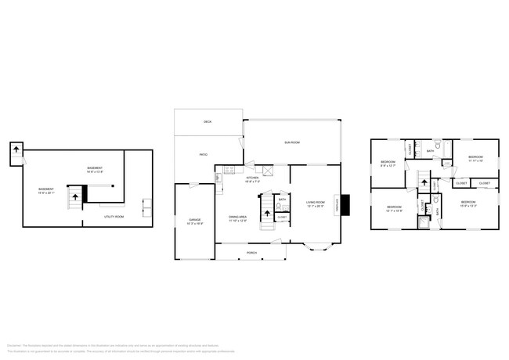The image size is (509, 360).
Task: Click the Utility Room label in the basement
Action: tap(114, 216)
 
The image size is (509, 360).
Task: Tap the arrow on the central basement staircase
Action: tap(76, 197)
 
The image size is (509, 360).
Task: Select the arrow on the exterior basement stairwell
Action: tap(16, 149)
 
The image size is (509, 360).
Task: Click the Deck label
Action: tap(208, 122)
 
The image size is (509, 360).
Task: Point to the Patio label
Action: tap(203, 155)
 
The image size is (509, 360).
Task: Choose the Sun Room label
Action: tap(291, 142)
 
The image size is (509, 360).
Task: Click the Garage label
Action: tap(195, 221)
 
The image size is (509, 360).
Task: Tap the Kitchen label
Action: tap(252, 179)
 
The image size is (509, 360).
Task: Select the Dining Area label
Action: tap(238, 218)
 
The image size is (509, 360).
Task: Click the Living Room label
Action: tap(316, 203)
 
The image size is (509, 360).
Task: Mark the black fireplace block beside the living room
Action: tap(345, 204)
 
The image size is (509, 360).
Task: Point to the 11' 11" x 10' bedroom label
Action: tap(476, 159)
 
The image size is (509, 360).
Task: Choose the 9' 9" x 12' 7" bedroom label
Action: tap(388, 164)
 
